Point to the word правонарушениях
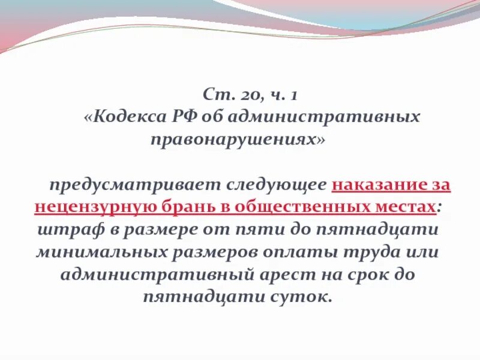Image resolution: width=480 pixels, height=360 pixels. (237, 139)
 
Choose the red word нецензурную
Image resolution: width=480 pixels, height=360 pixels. (94, 207)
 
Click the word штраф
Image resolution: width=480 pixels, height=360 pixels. (63, 229)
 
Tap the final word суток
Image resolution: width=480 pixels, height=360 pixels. (300, 297)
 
